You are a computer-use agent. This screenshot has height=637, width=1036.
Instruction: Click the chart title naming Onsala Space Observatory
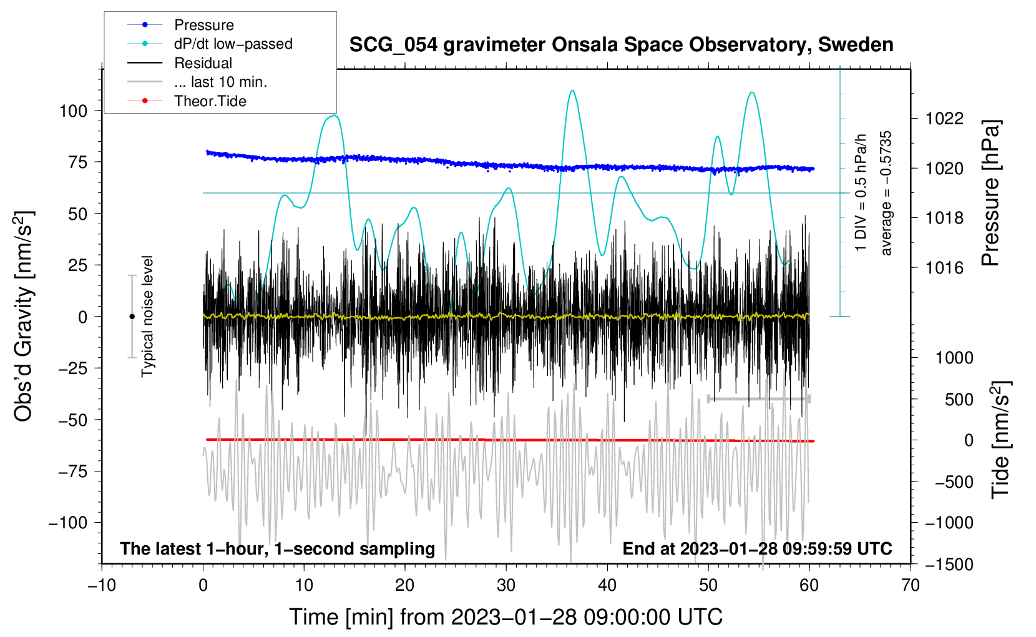click(x=621, y=45)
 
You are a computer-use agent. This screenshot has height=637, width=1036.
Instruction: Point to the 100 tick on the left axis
click(x=73, y=111)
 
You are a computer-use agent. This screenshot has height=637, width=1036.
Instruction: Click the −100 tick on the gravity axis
click(x=68, y=523)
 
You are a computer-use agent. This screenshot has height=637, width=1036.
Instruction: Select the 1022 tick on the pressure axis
click(x=944, y=119)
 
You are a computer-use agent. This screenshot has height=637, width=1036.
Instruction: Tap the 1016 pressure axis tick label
click(x=944, y=267)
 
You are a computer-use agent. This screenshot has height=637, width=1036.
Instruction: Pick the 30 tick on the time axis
click(x=506, y=586)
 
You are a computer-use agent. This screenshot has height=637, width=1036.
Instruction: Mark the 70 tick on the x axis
click(x=910, y=586)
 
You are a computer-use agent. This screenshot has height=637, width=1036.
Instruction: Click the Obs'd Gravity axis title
click(x=23, y=316)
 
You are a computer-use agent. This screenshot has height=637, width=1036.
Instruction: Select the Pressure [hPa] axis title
click(x=990, y=193)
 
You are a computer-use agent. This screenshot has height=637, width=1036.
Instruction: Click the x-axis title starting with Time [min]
click(x=506, y=617)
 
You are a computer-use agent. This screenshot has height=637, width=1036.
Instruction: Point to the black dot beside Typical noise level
click(x=132, y=317)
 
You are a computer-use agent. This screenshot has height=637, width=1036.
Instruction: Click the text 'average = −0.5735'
click(x=885, y=193)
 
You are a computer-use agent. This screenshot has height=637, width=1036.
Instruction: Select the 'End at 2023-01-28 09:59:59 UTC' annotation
click(x=757, y=548)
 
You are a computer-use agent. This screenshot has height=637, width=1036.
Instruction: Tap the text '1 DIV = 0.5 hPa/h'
click(x=860, y=193)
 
